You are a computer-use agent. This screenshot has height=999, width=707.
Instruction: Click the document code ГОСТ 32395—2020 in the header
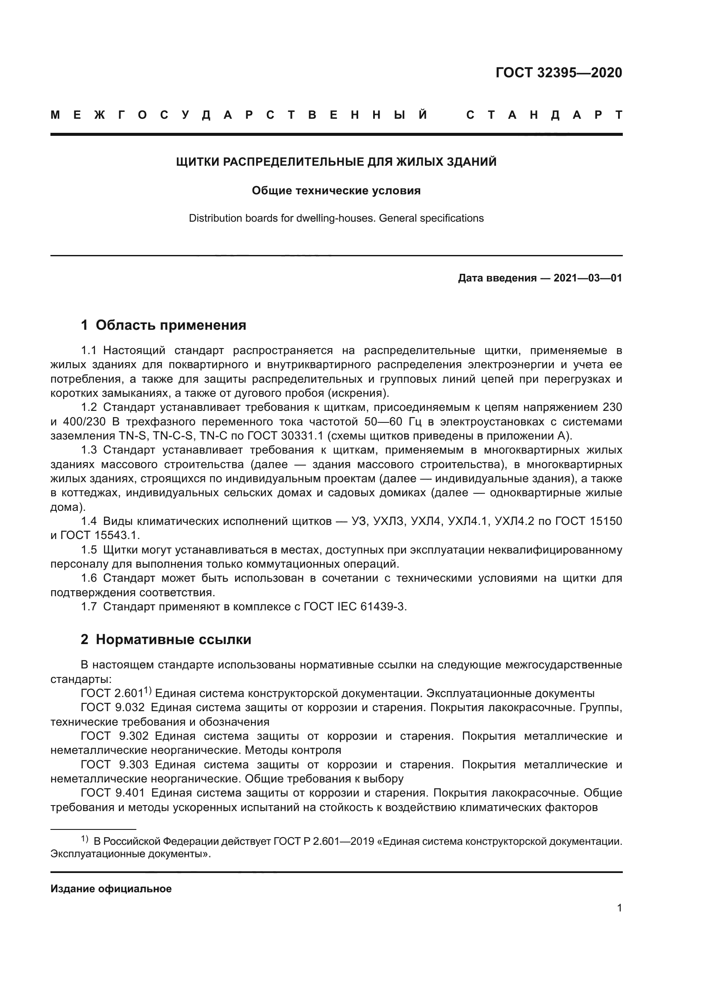559,73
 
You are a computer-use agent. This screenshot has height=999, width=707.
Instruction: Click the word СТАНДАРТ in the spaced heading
544,115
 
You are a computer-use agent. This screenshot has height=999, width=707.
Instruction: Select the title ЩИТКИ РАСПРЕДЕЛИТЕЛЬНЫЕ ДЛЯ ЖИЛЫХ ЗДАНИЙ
336,162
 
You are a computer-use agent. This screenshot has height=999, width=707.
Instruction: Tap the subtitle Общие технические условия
336,190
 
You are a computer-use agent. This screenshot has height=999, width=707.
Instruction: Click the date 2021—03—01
588,278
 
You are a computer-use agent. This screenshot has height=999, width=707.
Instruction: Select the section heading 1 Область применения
163,325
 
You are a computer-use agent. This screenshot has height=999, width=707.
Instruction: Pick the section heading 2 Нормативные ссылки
166,639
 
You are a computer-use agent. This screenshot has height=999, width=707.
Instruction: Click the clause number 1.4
89,521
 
